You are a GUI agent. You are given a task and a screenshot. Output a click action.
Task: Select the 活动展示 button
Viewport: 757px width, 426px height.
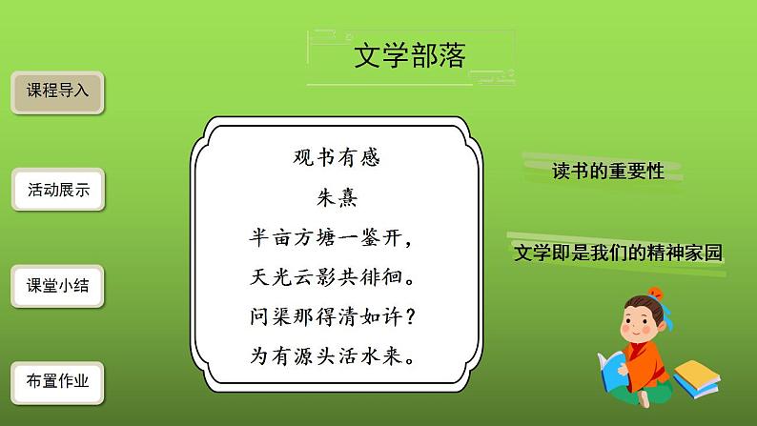(57, 190)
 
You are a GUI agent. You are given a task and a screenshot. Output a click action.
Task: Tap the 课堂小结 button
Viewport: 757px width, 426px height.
(57, 286)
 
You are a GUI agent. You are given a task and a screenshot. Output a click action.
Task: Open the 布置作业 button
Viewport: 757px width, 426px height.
(57, 381)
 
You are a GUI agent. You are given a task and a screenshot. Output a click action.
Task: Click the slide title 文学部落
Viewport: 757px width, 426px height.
(409, 57)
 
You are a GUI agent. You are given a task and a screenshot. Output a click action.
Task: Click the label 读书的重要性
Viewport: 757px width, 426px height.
(607, 171)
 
